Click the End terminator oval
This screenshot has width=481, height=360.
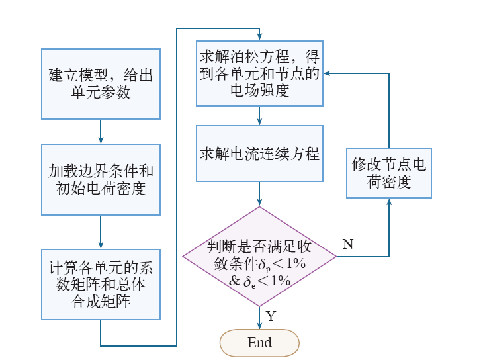[259, 343]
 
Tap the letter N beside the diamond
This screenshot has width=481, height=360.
[348, 244]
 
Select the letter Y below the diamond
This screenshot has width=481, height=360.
[271, 316]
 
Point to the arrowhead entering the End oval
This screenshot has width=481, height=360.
[259, 326]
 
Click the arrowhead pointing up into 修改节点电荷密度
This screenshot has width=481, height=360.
[389, 202]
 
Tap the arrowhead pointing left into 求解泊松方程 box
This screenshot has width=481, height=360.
[327, 73]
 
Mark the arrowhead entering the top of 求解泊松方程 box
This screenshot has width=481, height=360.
[259, 37]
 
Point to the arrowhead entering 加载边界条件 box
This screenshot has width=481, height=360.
[101, 140]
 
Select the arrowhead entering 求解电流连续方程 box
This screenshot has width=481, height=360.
[259, 122]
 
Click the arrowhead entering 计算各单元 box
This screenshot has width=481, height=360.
[101, 246]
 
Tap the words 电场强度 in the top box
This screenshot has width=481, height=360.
[259, 91]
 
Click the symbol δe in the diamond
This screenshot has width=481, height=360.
[249, 281]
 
